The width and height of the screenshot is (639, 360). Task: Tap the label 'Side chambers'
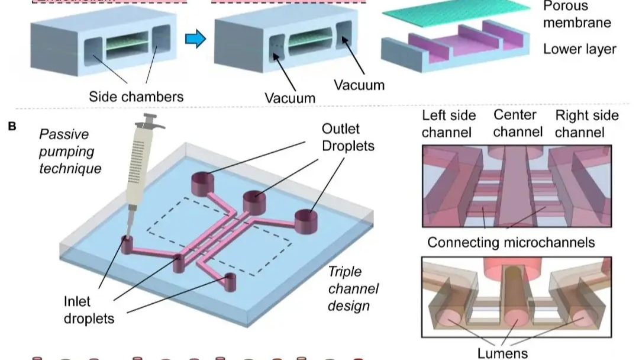pyautogui.click(x=136, y=96)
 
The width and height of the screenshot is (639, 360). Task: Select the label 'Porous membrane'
pyautogui.click(x=576, y=15)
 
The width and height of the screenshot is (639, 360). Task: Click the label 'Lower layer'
pyautogui.click(x=579, y=49)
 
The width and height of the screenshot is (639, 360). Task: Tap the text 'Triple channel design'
pyautogui.click(x=353, y=290)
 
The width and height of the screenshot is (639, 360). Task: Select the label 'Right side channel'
pyautogui.click(x=586, y=123)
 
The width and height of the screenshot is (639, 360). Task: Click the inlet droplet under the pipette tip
pyautogui.click(x=126, y=244)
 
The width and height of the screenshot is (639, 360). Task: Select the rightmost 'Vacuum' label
pyautogui.click(x=359, y=85)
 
